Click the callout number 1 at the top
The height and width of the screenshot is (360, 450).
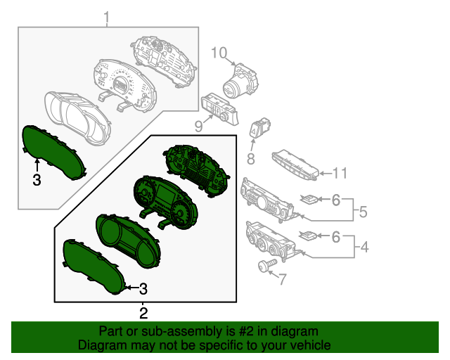(107, 16)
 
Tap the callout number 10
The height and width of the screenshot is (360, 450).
(219, 53)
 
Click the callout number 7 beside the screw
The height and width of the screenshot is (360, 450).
(282, 280)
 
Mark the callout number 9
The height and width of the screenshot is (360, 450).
(198, 127)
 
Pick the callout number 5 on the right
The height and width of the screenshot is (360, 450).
(364, 210)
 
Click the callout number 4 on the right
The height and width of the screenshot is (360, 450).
(364, 247)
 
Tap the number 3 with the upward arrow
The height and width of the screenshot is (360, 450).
(37, 180)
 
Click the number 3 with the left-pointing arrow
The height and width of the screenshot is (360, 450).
(143, 288)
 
